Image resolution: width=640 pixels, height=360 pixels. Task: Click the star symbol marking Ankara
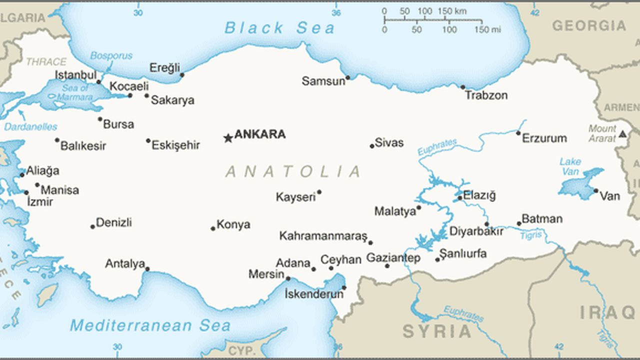click(228, 138)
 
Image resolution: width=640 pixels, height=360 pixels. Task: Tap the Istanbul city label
click(75, 75)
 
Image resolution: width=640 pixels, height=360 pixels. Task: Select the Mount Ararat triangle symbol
click(622, 134)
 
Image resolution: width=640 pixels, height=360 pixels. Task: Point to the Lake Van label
click(570, 166)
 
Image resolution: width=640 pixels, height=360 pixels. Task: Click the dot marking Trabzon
click(462, 87)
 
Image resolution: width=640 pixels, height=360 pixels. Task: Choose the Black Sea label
click(279, 28)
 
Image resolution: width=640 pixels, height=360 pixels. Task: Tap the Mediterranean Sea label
click(150, 325)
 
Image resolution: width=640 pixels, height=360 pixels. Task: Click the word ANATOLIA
click(292, 171)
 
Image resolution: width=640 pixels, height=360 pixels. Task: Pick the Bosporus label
click(111, 55)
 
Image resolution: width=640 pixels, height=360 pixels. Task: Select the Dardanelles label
click(30, 127)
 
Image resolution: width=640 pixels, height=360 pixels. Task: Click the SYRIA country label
click(437, 331)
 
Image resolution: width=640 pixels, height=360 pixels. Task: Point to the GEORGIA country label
click(588, 25)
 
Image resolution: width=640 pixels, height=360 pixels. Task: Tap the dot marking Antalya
click(147, 269)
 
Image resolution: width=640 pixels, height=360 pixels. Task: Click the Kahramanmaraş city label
click(323, 236)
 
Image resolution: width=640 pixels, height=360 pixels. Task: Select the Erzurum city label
click(544, 138)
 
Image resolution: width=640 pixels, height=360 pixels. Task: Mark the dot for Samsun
click(348, 77)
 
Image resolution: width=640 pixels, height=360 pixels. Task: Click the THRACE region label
click(46, 62)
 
